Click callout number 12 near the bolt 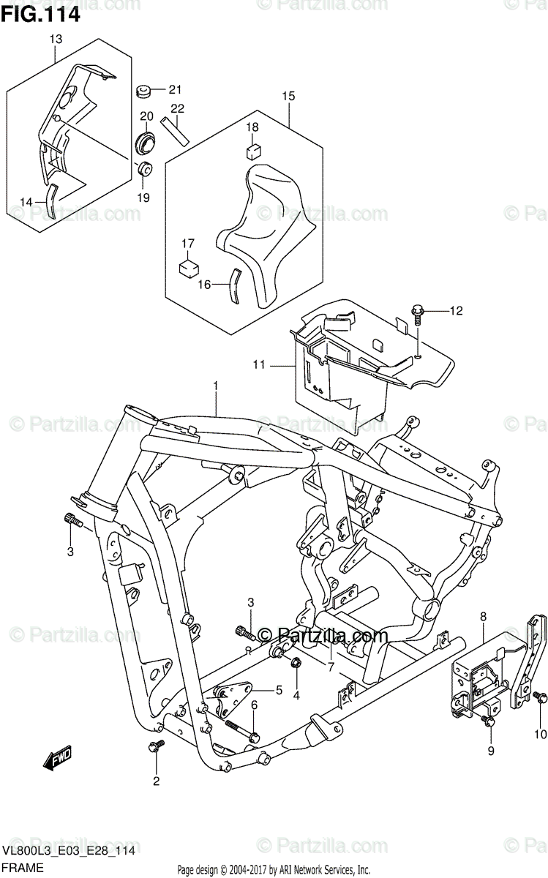[456, 312]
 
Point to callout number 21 [174, 90]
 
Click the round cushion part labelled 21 [144, 91]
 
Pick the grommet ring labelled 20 [146, 140]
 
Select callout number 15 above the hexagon [288, 96]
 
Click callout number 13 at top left [56, 39]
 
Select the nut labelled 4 [296, 664]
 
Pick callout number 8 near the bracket [483, 618]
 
